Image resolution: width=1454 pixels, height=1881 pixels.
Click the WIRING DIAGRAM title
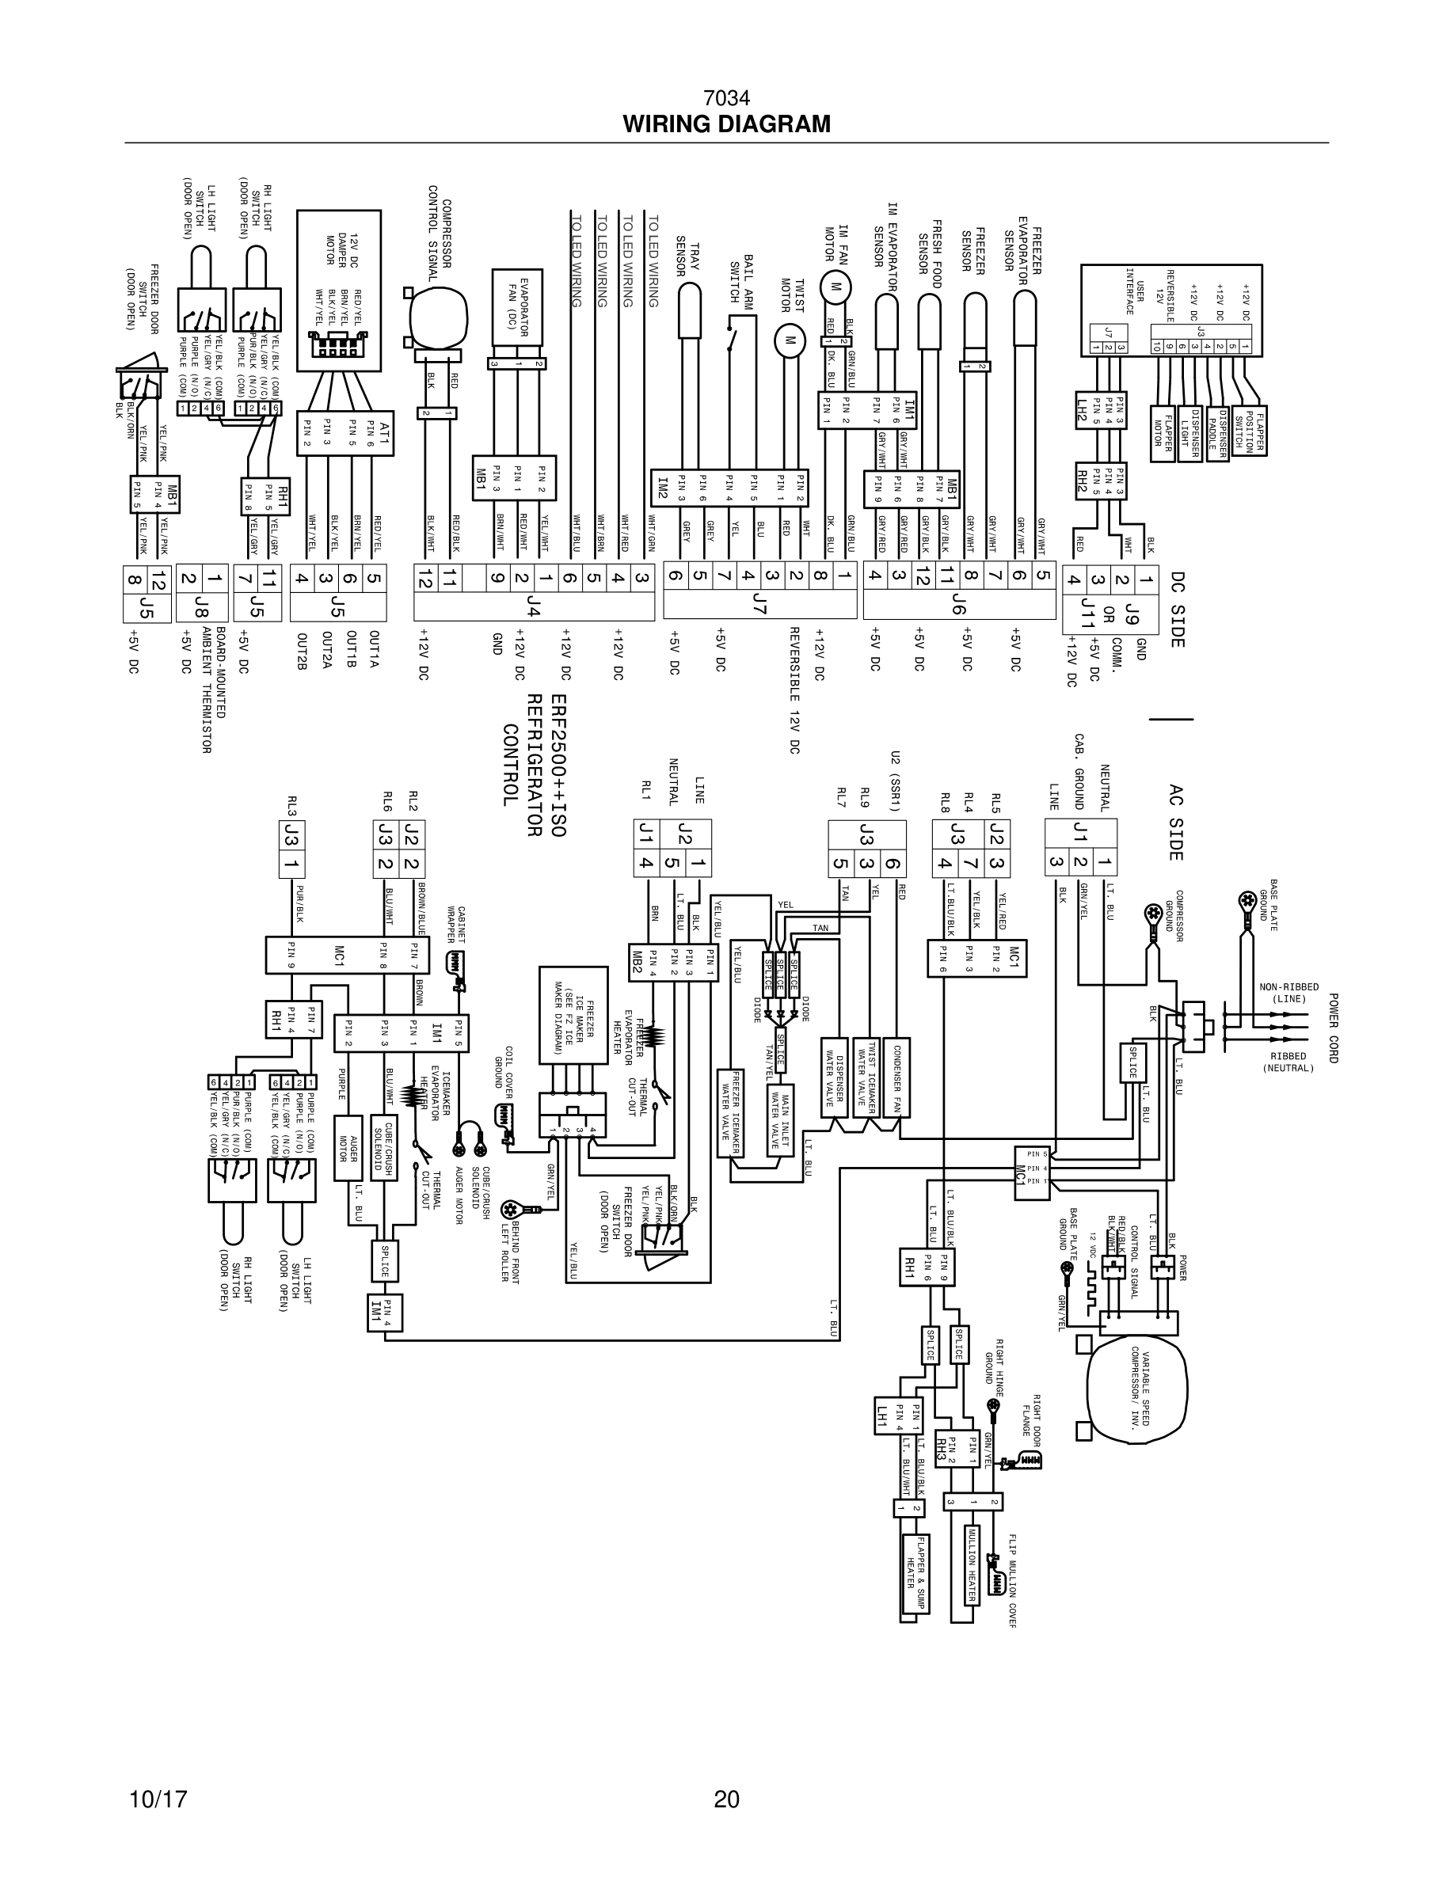(726, 124)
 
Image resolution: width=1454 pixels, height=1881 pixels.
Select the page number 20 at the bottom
(726, 1799)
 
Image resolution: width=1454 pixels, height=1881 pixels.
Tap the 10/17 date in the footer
(158, 1799)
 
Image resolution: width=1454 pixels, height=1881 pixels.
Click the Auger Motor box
(347, 1146)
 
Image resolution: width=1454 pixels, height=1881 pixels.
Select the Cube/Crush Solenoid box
(383, 1146)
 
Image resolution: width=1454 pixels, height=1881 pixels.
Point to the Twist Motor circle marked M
(788, 340)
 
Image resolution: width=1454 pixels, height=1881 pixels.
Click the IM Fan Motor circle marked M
(833, 287)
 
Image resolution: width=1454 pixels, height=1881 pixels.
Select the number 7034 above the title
(726, 98)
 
